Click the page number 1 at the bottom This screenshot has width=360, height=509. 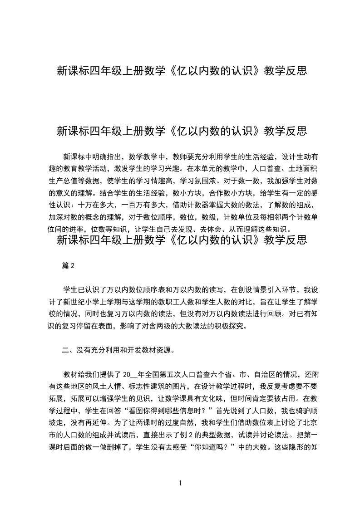click(181, 483)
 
